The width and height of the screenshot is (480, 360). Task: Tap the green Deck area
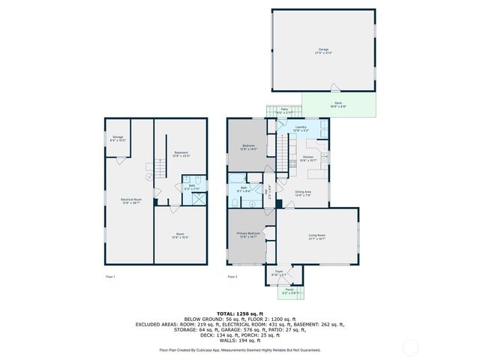tap(339, 105)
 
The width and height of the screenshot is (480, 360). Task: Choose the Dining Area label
tap(302, 193)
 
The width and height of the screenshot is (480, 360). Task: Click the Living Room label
tap(316, 237)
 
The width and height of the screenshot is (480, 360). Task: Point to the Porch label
tap(289, 290)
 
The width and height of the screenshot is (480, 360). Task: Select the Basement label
tap(181, 154)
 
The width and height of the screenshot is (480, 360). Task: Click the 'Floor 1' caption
tap(109, 277)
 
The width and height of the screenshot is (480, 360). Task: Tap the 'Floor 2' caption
tap(232, 277)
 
